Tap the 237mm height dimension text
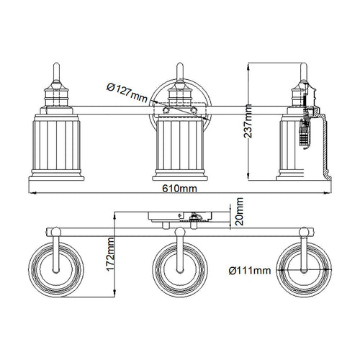(248, 121)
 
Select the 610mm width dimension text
(179, 189)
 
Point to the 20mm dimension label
(239, 211)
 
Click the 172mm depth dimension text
(111, 254)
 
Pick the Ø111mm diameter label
(250, 271)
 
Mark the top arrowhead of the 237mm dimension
(249, 66)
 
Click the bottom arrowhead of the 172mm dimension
(115, 294)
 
